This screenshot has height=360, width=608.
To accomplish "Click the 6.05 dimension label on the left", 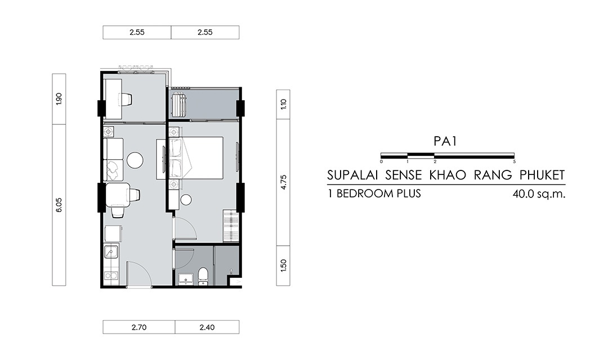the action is [59, 205].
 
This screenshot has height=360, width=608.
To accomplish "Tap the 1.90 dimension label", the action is [59, 99].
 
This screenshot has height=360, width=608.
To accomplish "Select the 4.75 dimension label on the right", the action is [283, 182].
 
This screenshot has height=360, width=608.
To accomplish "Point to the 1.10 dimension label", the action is [283, 104].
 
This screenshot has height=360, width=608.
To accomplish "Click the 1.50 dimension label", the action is [283, 265].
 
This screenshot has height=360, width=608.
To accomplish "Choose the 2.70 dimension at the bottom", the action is [139, 327].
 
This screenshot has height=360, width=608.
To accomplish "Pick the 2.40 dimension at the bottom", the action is [207, 327].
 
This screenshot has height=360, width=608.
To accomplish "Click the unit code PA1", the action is [445, 141].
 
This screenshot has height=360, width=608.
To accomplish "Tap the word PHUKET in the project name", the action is [542, 175].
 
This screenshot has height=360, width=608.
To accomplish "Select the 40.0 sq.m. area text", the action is [539, 193].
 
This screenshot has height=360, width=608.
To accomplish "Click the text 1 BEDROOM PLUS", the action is [374, 193].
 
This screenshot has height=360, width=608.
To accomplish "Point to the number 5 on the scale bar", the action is [514, 161].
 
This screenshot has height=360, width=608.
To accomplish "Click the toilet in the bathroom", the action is [203, 276].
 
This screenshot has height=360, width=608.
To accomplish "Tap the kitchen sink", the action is [111, 252].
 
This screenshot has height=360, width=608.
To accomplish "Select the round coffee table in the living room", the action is [135, 160].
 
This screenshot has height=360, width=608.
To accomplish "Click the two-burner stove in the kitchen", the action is [111, 276].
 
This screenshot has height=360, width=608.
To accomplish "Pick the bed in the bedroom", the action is [196, 157].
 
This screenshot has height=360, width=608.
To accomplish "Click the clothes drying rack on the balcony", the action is [180, 104].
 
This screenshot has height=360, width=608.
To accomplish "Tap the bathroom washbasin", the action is [186, 278].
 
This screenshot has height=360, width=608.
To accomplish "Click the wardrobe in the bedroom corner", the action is [230, 226].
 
